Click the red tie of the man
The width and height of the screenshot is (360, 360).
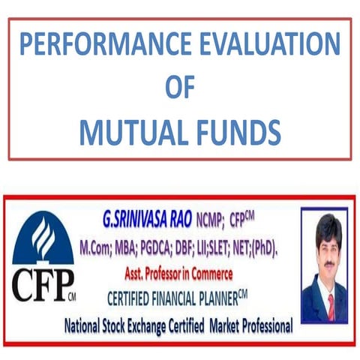(x=331, y=304)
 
